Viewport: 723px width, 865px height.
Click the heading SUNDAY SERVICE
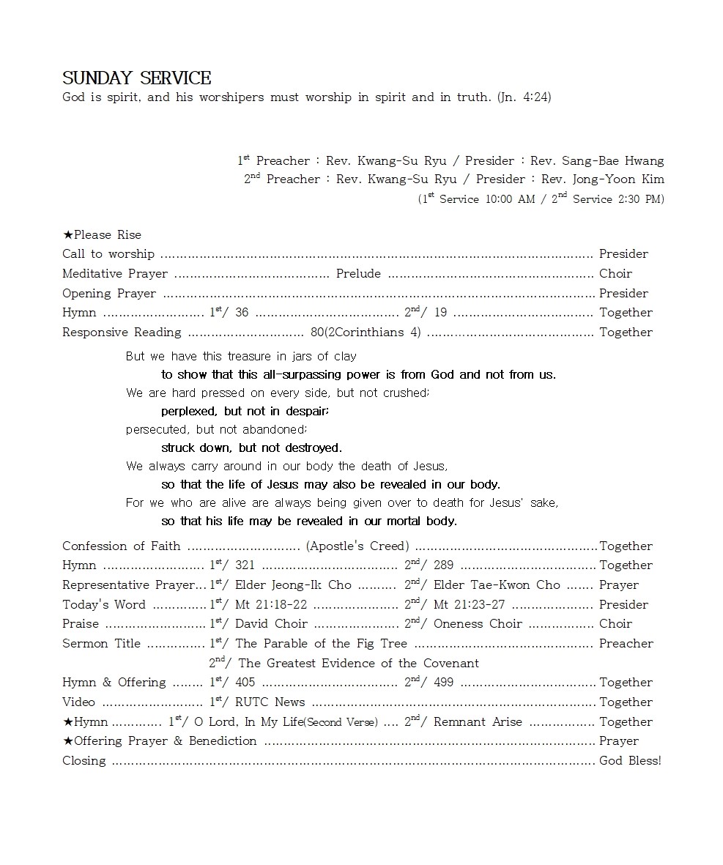click(136, 78)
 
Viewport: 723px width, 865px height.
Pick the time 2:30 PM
click(641, 199)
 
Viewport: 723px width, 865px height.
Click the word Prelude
click(358, 274)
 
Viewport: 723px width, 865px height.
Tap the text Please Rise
click(107, 235)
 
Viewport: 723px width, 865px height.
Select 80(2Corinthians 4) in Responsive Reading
click(366, 333)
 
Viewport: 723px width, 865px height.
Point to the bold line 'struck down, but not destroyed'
click(251, 448)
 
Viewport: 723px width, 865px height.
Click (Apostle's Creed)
click(357, 546)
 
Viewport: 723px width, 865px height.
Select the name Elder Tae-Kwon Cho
click(497, 585)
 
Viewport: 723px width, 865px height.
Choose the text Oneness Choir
click(478, 624)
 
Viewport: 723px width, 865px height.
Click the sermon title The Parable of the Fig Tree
click(321, 644)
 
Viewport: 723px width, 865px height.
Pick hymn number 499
click(443, 683)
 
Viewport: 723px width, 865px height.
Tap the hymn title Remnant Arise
click(478, 722)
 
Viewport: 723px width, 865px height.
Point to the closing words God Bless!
click(630, 761)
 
